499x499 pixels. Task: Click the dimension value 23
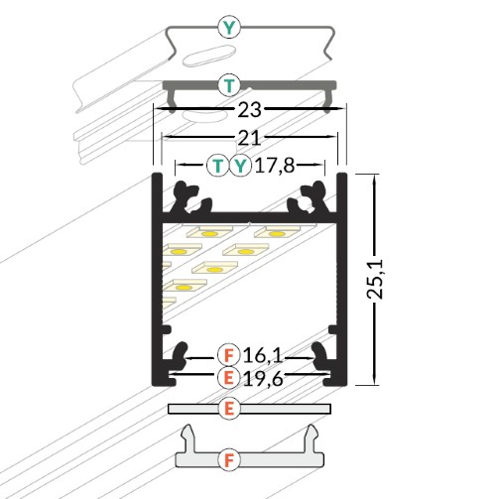[249, 112]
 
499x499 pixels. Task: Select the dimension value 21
[249, 137]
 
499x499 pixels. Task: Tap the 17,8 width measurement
[276, 165]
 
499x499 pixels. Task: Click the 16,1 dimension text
[262, 354]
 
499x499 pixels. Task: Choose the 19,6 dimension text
[262, 377]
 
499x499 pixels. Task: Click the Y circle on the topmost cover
[230, 28]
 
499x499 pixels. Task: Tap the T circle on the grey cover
[230, 84]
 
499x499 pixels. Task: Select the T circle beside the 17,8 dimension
[218, 165]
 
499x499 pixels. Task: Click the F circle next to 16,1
[229, 354]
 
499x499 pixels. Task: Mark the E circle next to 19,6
[229, 377]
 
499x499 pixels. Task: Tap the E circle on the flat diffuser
[229, 408]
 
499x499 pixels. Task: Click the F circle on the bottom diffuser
[229, 459]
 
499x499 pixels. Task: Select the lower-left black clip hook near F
[179, 355]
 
